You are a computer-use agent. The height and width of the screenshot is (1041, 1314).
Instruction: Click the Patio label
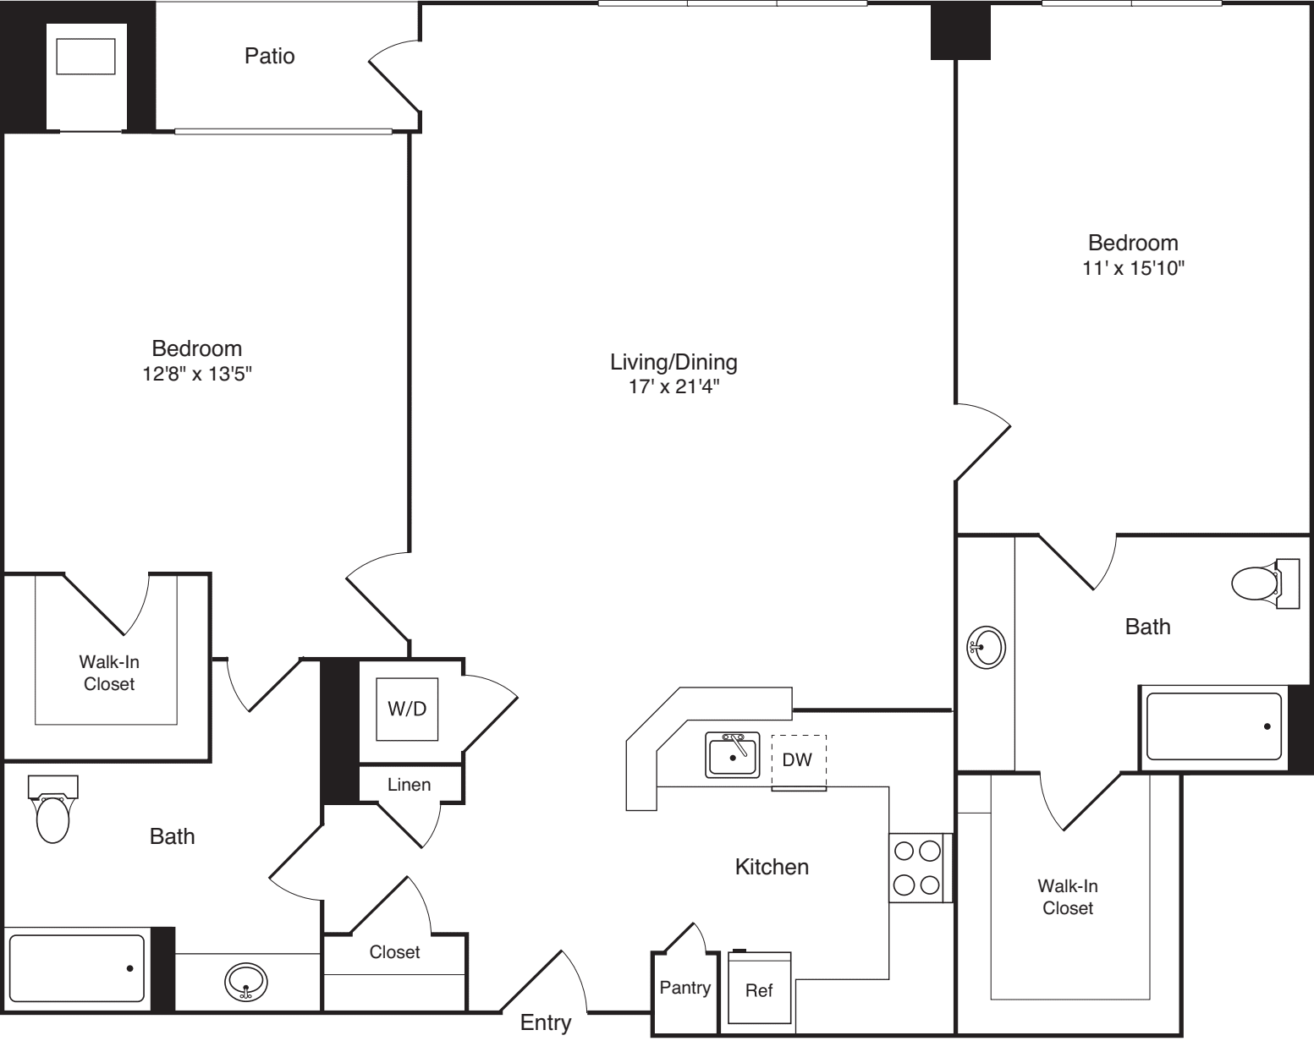[270, 56]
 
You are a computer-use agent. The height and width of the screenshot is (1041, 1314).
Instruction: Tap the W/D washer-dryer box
[407, 709]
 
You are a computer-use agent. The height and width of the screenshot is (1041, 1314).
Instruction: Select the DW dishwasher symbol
[798, 759]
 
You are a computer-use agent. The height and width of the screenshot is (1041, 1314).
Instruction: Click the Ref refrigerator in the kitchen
[759, 989]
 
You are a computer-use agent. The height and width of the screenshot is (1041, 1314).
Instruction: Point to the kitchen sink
[733, 754]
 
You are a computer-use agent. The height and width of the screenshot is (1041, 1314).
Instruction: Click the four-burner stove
[917, 867]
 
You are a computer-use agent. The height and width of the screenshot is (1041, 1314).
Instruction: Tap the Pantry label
[684, 987]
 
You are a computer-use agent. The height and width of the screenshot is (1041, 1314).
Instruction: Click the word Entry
[546, 1022]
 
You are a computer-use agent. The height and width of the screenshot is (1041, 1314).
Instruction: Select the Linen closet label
[410, 785]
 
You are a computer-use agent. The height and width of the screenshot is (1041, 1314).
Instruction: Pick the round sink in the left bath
[246, 982]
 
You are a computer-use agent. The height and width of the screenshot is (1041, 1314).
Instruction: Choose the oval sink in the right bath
[985, 648]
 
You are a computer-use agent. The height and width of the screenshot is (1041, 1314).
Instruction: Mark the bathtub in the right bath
[1213, 726]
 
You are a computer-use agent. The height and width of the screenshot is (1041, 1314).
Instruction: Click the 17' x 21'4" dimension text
[673, 387]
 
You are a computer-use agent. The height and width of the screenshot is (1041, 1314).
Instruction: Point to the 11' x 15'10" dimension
[1133, 269]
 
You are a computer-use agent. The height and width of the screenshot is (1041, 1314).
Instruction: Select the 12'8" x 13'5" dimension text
[197, 374]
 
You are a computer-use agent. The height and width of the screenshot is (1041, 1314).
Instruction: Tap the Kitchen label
[772, 867]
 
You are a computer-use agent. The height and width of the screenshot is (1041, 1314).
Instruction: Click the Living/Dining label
[673, 363]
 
